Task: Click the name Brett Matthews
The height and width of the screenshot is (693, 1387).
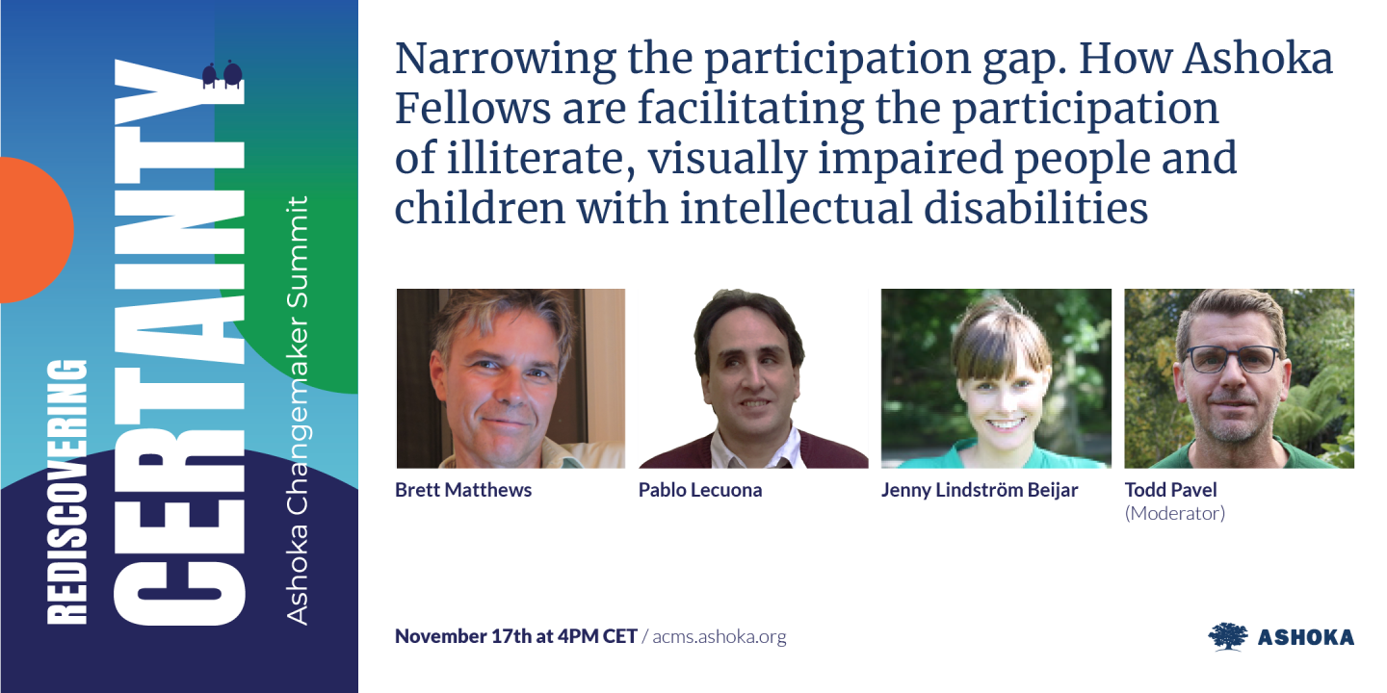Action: pyautogui.click(x=463, y=490)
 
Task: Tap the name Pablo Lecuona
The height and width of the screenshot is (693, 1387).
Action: pyautogui.click(x=700, y=490)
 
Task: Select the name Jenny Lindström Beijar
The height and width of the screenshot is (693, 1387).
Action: pyautogui.click(x=980, y=490)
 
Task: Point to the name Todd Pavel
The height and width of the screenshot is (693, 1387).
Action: pyautogui.click(x=1171, y=490)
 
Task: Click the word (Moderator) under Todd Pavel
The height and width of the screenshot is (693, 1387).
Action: pyautogui.click(x=1175, y=513)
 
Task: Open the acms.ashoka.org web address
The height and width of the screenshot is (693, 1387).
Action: pyautogui.click(x=719, y=636)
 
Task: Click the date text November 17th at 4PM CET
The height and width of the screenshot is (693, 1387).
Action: pyautogui.click(x=516, y=636)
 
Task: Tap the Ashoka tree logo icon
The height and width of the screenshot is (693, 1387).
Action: pyautogui.click(x=1228, y=636)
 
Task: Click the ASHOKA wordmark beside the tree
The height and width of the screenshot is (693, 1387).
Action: pyautogui.click(x=1305, y=637)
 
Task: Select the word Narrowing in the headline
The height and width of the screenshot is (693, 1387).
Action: pyautogui.click(x=504, y=60)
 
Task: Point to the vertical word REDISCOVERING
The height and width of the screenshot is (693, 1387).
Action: pyautogui.click(x=67, y=492)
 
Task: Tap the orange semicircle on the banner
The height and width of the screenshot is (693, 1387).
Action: pyautogui.click(x=34, y=231)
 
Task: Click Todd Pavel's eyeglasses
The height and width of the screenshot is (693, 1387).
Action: pyautogui.click(x=1232, y=359)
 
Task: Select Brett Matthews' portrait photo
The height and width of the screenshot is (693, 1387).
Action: pyautogui.click(x=510, y=378)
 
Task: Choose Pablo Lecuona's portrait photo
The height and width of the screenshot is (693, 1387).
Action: pyautogui.click(x=753, y=378)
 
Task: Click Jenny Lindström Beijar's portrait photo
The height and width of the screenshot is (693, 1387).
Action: pyautogui.click(x=996, y=378)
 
